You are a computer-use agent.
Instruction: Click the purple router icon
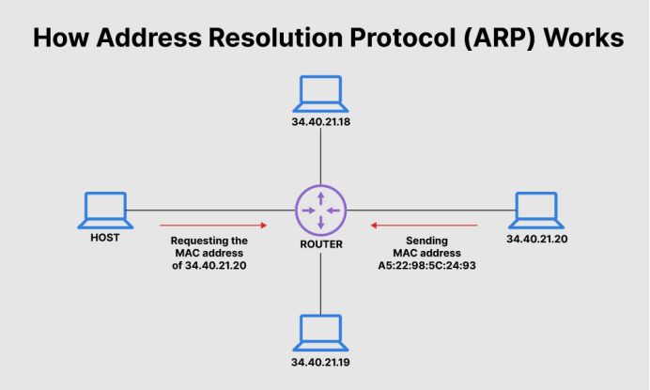[320, 210]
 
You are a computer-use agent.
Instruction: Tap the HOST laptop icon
[104, 211]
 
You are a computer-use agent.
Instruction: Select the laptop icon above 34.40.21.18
[320, 95]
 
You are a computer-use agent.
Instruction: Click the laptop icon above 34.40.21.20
[536, 211]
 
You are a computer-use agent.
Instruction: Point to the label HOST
[104, 238]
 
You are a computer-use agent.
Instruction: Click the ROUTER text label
[320, 244]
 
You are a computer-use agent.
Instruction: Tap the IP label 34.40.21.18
[320, 123]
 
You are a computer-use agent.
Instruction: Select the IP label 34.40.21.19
[320, 362]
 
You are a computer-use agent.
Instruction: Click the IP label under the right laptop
[536, 240]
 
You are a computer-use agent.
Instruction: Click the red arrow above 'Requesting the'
[214, 226]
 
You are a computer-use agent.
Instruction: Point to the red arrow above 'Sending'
[425, 226]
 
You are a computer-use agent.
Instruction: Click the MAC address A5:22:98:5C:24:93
[427, 266]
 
